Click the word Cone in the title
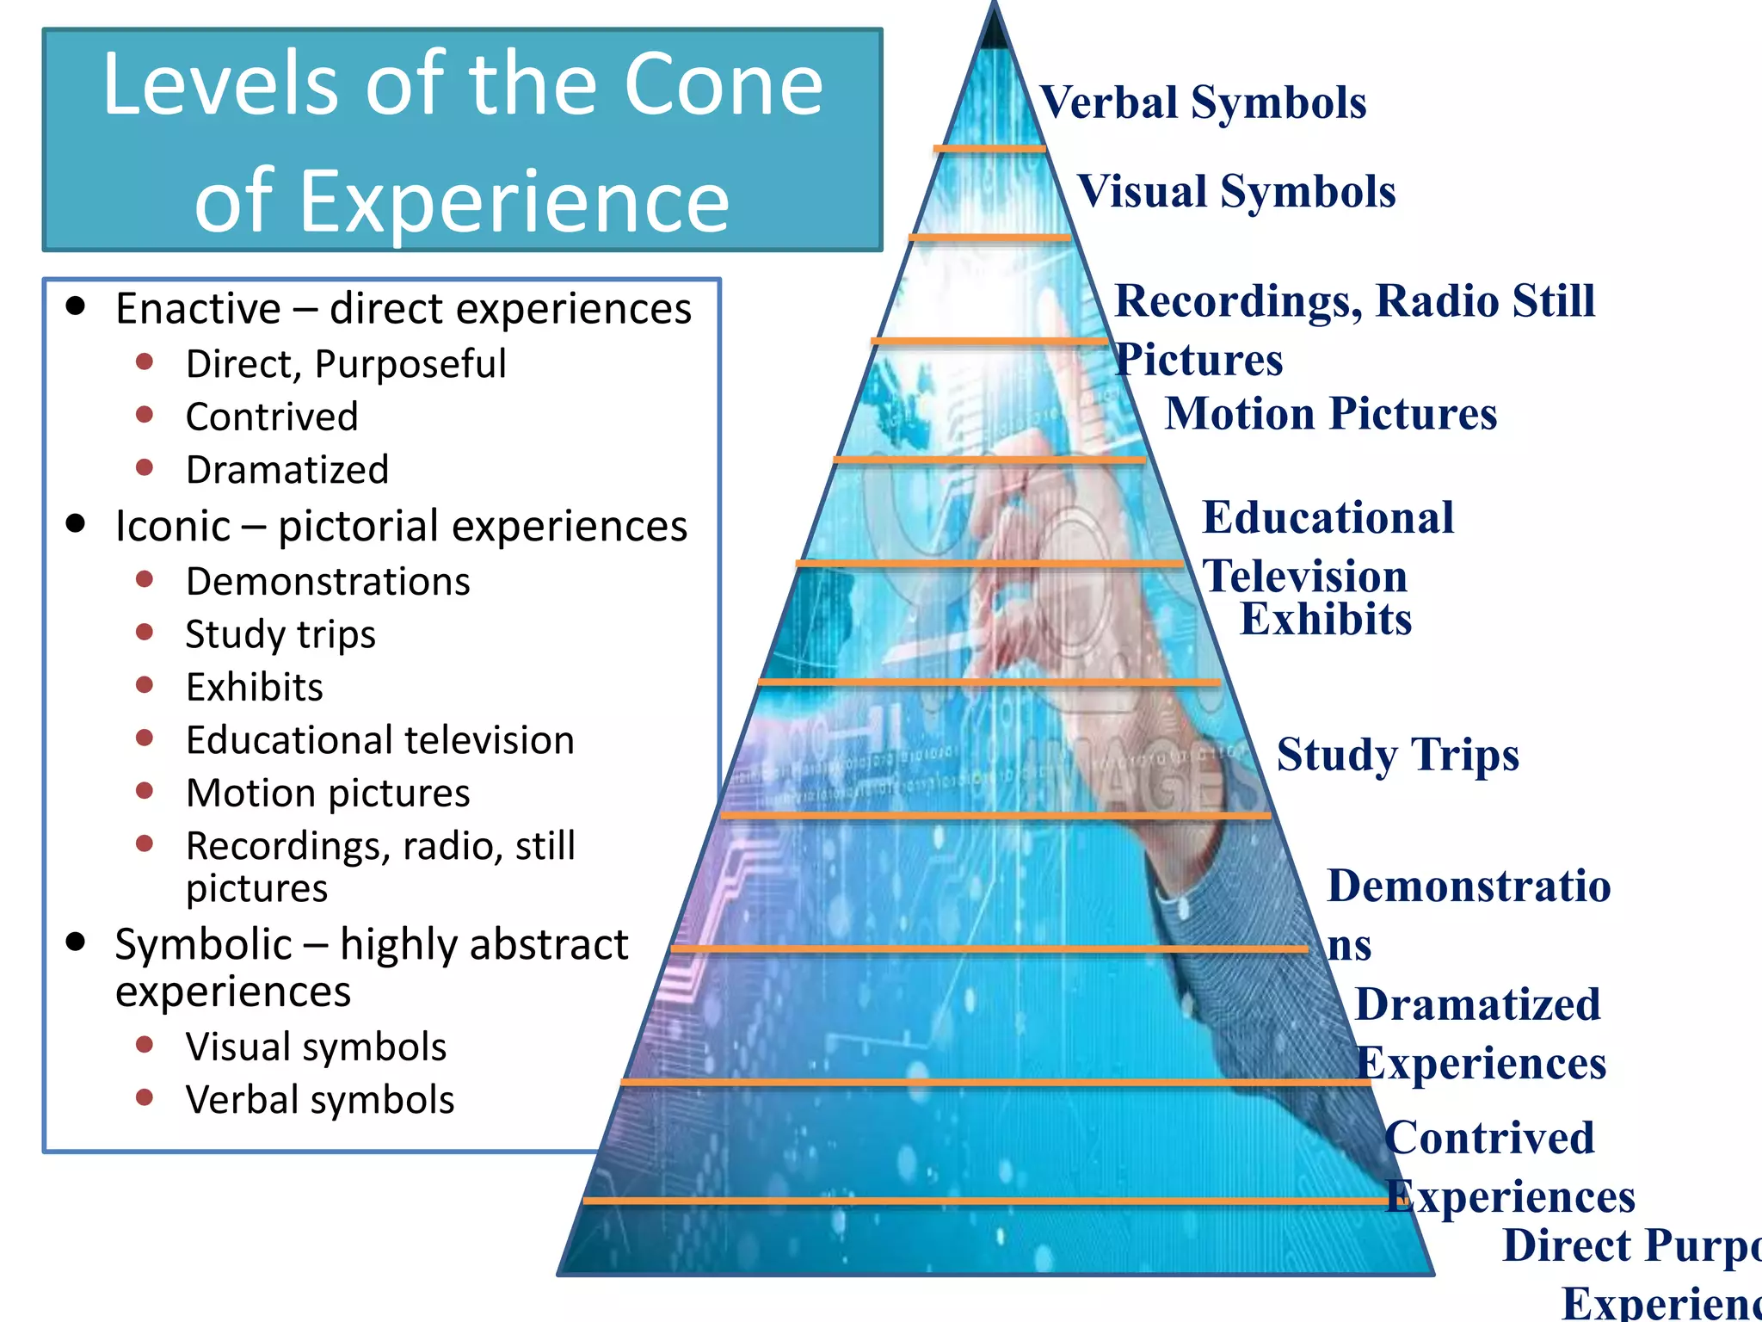pyautogui.click(x=723, y=84)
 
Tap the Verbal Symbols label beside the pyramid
pyautogui.click(x=1203, y=103)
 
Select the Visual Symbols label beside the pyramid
pyautogui.click(x=1236, y=192)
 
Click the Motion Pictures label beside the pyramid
pyautogui.click(x=1330, y=414)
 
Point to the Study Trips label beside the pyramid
pyautogui.click(x=1397, y=756)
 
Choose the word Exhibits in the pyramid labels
pyautogui.click(x=1325, y=620)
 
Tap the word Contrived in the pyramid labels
pyautogui.click(x=1489, y=1138)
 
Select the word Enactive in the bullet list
pyautogui.click(x=198, y=309)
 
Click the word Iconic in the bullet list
pyautogui.click(x=173, y=526)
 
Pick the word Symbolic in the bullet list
pyautogui.click(x=204, y=944)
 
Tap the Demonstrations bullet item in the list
pyautogui.click(x=328, y=582)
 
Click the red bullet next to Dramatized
pyautogui.click(x=145, y=468)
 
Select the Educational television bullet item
pyautogui.click(x=379, y=740)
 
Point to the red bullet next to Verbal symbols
pyautogui.click(x=145, y=1097)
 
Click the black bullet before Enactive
pyautogui.click(x=77, y=306)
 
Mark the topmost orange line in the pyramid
pyautogui.click(x=989, y=149)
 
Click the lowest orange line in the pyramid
pyautogui.click(x=989, y=1200)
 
